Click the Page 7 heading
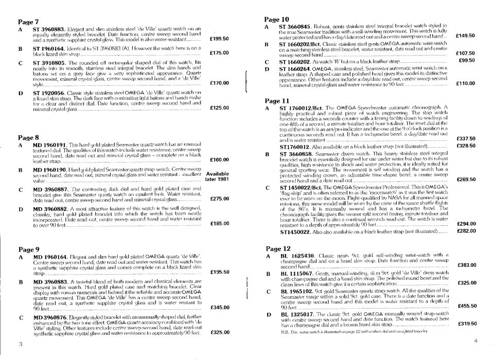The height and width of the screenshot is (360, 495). click(x=28, y=22)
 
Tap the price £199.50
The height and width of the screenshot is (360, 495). click(x=220, y=38)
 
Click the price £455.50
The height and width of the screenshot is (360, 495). click(x=466, y=306)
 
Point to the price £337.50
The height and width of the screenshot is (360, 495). click(x=466, y=138)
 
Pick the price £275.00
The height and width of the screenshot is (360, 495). click(x=220, y=199)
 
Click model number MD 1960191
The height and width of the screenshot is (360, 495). click(x=49, y=146)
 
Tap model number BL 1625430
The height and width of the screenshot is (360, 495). click(x=297, y=256)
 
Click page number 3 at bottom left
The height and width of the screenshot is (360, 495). click(x=20, y=343)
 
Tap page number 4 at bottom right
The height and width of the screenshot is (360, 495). click(x=476, y=341)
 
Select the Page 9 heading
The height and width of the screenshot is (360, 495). click(x=28, y=248)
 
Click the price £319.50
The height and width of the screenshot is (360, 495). click(x=466, y=323)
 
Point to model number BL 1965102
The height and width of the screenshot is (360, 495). click(x=297, y=291)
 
